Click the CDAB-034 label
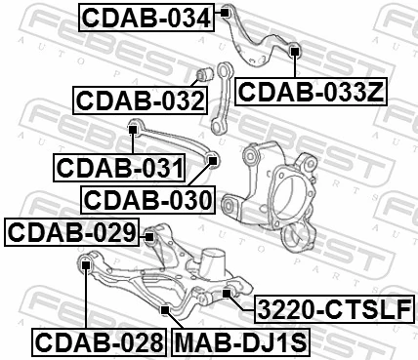[x=144, y=17]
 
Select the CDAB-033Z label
[x=312, y=93]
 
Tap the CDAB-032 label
[x=139, y=100]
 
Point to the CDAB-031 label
[x=118, y=167]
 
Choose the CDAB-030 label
[x=146, y=200]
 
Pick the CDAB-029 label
[x=72, y=233]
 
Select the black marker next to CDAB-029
[x=149, y=233]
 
